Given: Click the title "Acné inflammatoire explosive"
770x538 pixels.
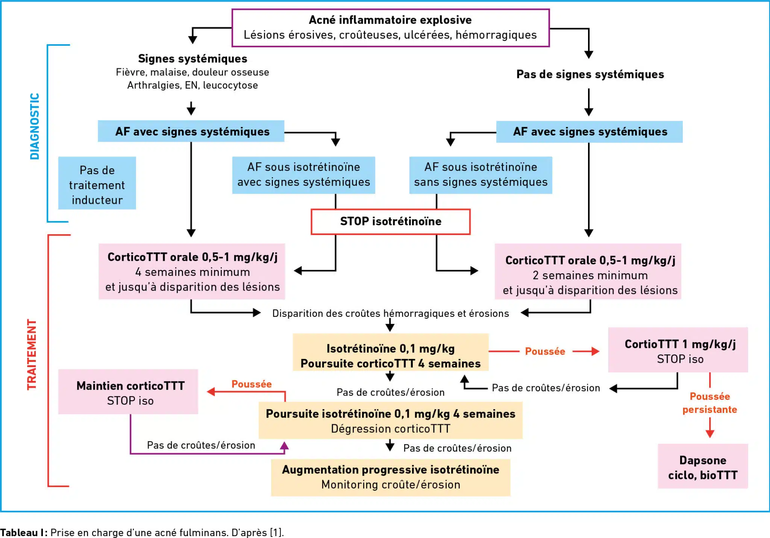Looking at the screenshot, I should tap(390, 20).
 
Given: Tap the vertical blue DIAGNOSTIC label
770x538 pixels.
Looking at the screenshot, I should tap(35, 127).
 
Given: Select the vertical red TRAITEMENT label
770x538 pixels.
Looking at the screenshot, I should tap(32, 354).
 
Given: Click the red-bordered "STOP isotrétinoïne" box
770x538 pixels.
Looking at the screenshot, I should tap(391, 222).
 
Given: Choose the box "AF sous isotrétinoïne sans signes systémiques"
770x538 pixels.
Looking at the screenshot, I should tap(480, 175).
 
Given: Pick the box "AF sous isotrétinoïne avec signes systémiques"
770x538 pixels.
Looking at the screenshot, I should tap(303, 175).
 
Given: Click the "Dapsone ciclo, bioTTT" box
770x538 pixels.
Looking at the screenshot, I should tap(702, 467).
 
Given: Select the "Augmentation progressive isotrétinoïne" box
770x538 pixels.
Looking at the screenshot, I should tap(391, 477).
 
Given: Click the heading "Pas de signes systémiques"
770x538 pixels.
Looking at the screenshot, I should tap(590, 74).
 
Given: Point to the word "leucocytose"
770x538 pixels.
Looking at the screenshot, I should tap(230, 86).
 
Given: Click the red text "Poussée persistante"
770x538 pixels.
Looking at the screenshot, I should tap(709, 403).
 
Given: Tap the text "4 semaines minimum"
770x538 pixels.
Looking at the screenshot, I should tap(192, 272).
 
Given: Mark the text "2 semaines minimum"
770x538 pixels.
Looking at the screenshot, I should tap(590, 276).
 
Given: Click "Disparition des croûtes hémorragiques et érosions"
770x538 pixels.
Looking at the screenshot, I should tap(390, 313).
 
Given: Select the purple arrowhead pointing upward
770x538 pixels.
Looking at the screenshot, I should tap(285, 446).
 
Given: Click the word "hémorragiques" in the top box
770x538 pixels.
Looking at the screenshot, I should tap(496, 35).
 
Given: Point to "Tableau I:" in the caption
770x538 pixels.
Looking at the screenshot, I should tap(24, 532).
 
